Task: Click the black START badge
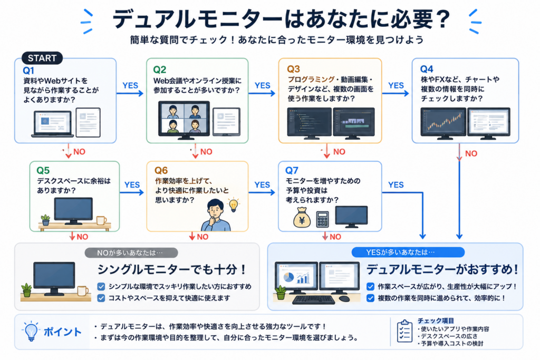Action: coord(42,58)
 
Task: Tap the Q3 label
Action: coord(293,69)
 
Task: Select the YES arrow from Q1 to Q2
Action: coord(130,93)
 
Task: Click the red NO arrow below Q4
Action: coord(459,152)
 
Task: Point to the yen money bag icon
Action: coord(301,217)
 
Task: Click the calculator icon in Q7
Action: coord(322,219)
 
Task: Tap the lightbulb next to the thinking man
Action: coord(234,205)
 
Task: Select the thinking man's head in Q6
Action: coord(216,209)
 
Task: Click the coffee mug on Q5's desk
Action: coord(101,220)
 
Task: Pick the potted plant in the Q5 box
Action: coord(45,220)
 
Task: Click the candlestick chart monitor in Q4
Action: coord(443,123)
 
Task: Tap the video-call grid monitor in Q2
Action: coord(184,120)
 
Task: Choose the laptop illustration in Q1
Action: coord(52,123)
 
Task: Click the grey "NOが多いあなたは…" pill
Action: coord(131,252)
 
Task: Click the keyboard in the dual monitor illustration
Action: coord(313,299)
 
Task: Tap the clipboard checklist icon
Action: coord(404,331)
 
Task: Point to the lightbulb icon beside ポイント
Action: coord(31,331)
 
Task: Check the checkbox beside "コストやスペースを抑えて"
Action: coord(101,298)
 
